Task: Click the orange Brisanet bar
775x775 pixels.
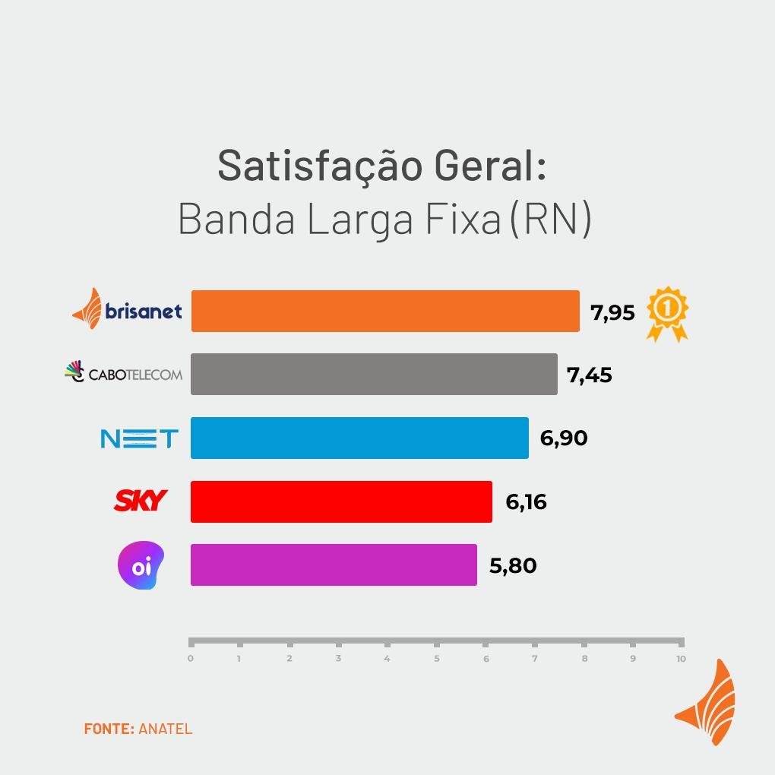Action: pyautogui.click(x=384, y=311)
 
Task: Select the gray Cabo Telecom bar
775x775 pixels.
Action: pyautogui.click(x=374, y=374)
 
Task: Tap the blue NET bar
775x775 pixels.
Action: pyautogui.click(x=359, y=438)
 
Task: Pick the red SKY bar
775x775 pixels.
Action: pyautogui.click(x=341, y=501)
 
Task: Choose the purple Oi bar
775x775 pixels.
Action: pyautogui.click(x=334, y=565)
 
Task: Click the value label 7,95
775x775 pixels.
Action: pyautogui.click(x=612, y=312)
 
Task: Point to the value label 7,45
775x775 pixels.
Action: pyautogui.click(x=589, y=375)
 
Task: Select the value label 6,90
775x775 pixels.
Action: pyautogui.click(x=564, y=438)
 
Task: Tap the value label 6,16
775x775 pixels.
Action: pyautogui.click(x=526, y=502)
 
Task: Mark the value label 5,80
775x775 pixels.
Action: pyautogui.click(x=513, y=566)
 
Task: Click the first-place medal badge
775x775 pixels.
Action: pyautogui.click(x=668, y=312)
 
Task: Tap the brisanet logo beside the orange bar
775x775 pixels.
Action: pyautogui.click(x=127, y=310)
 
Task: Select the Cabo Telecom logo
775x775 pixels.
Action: pyautogui.click(x=124, y=373)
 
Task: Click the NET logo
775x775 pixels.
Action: pyautogui.click(x=140, y=438)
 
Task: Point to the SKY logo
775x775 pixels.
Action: pyautogui.click(x=141, y=501)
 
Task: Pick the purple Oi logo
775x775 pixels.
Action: pyautogui.click(x=141, y=567)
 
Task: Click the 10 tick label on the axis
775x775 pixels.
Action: pyautogui.click(x=681, y=659)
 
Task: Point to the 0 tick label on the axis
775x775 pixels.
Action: pyautogui.click(x=191, y=659)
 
